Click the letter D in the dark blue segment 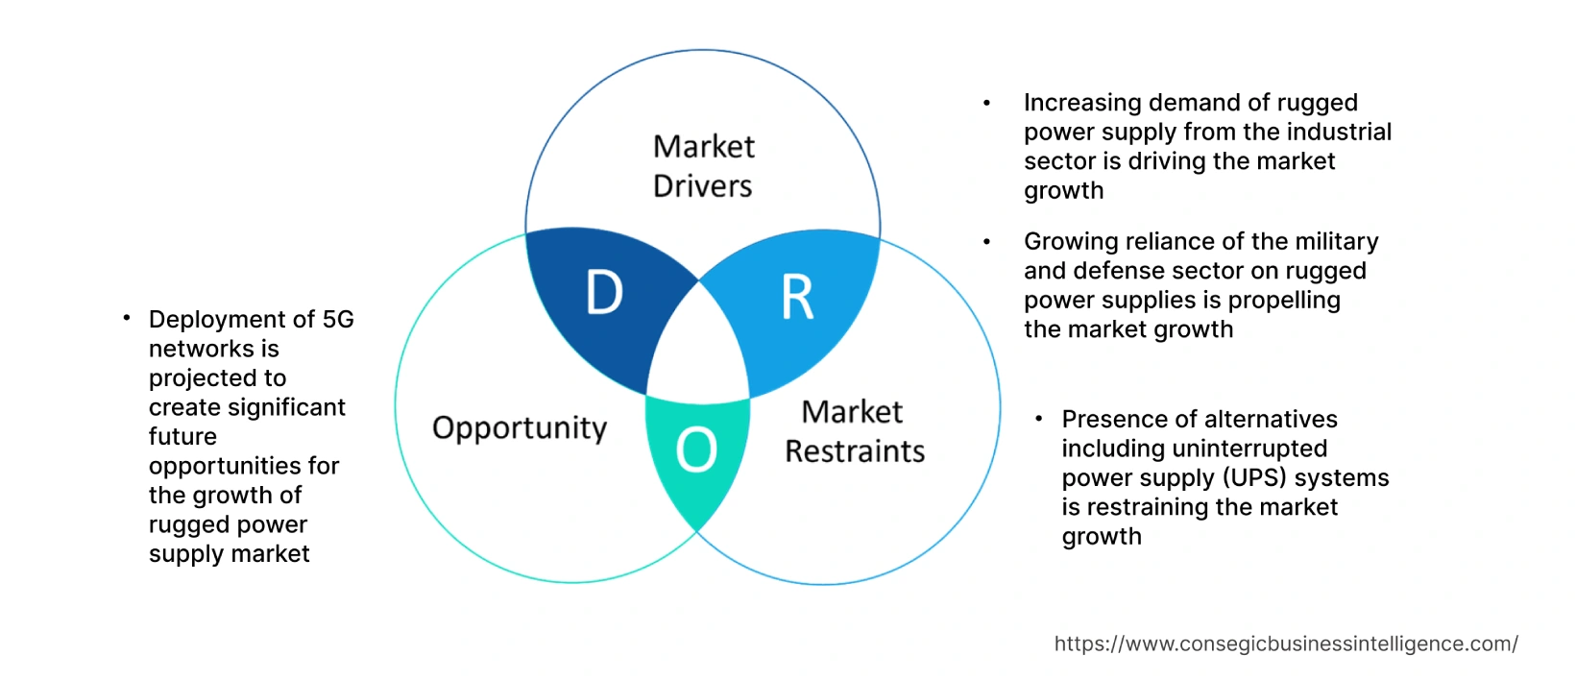click(604, 292)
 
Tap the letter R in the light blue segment click(797, 298)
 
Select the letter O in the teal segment click(696, 449)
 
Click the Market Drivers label click(703, 165)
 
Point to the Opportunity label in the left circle click(520, 427)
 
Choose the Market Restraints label click(854, 431)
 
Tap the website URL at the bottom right click(1286, 644)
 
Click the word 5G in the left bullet click(338, 319)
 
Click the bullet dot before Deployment click(126, 317)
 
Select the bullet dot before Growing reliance click(986, 241)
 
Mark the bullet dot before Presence click(1038, 419)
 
